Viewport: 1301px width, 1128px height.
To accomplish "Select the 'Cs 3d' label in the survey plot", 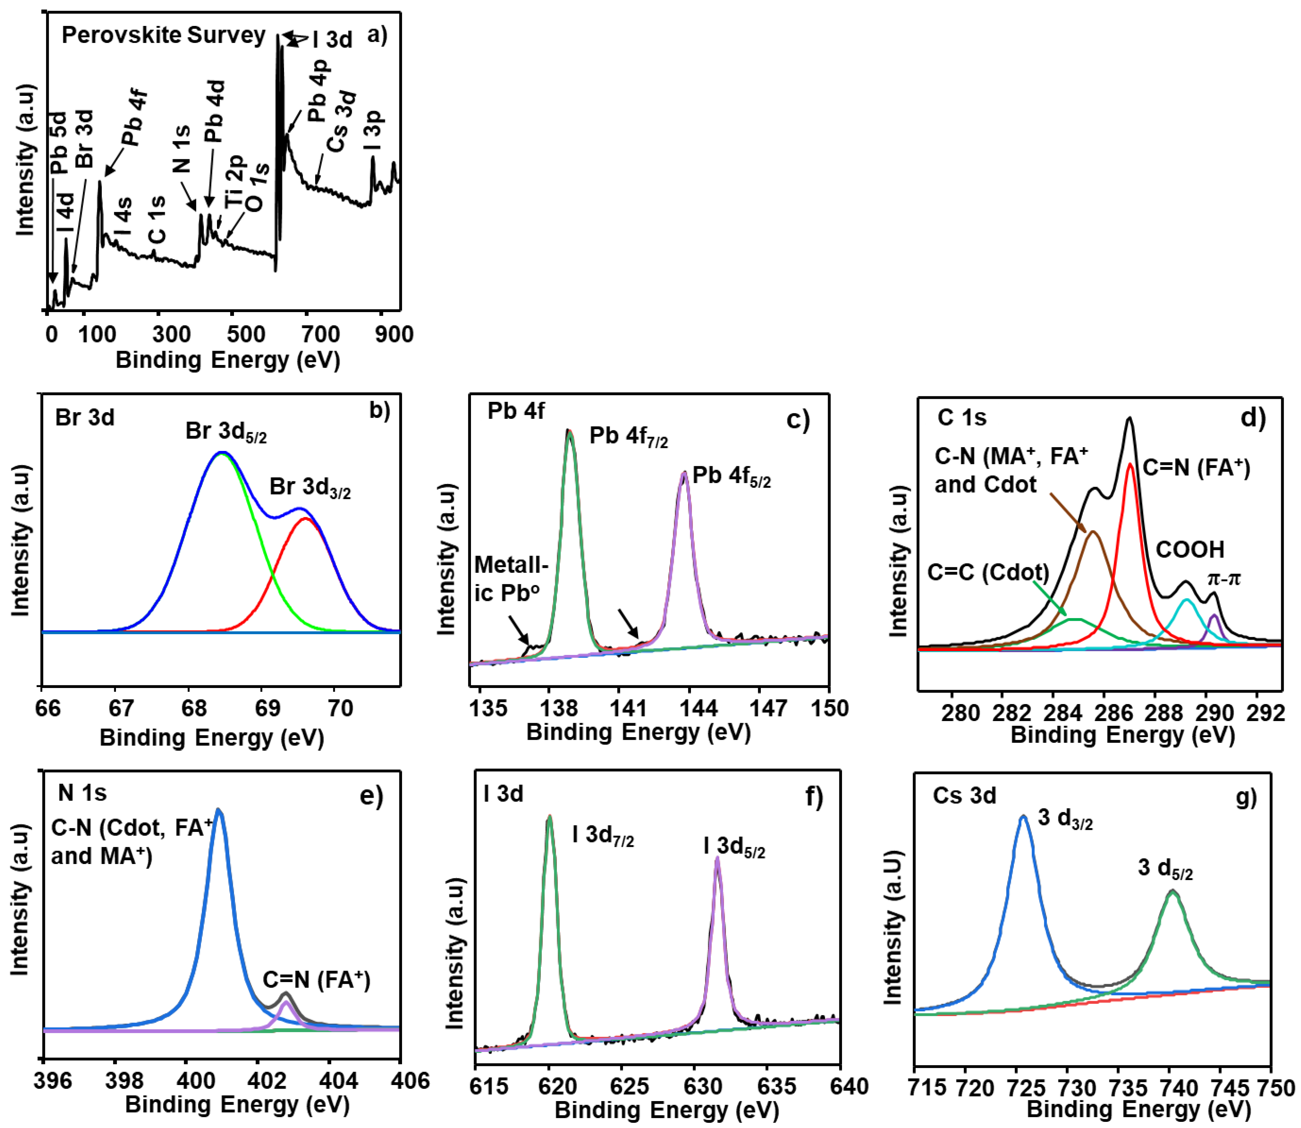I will (x=343, y=123).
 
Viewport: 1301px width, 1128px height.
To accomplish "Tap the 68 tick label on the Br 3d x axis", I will (x=194, y=708).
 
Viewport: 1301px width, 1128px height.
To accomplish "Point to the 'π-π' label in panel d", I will (x=1224, y=578).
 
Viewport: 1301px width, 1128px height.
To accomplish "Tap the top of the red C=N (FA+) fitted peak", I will (x=1130, y=464).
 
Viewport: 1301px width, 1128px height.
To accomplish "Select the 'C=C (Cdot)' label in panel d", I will (x=988, y=572).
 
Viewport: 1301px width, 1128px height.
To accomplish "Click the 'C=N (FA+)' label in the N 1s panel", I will (x=316, y=979).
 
